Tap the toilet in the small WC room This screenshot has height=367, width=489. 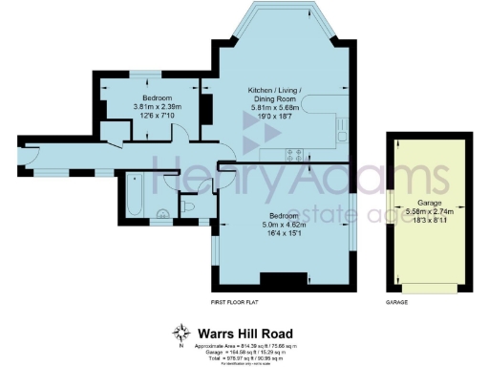click(189, 205)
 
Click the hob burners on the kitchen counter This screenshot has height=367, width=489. click(295, 152)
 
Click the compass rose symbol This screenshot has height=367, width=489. click(181, 332)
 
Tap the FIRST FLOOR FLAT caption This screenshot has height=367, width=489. click(236, 302)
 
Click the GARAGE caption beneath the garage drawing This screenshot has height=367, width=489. click(395, 302)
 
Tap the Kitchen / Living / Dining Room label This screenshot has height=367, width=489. click(276, 94)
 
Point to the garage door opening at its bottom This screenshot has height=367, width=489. click(426, 287)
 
